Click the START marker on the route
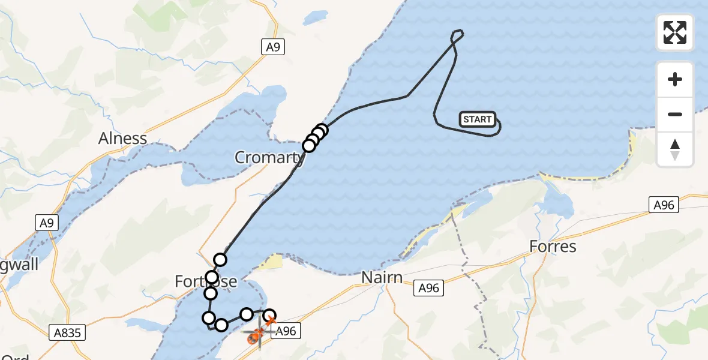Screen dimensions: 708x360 click(478, 119)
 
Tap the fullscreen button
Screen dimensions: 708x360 click(675, 32)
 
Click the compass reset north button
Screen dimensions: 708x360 click(675, 149)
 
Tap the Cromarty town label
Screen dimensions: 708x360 click(270, 158)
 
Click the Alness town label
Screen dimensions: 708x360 click(123, 139)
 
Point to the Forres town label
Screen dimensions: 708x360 click(553, 246)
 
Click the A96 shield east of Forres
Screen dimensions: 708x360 click(664, 205)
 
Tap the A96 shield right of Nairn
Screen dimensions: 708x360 click(429, 289)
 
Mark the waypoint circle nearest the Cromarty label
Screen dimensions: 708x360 click(309, 145)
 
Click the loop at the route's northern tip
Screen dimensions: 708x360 click(457, 37)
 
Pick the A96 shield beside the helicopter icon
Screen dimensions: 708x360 click(285, 331)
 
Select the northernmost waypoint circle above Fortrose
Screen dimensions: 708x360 click(220, 260)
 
